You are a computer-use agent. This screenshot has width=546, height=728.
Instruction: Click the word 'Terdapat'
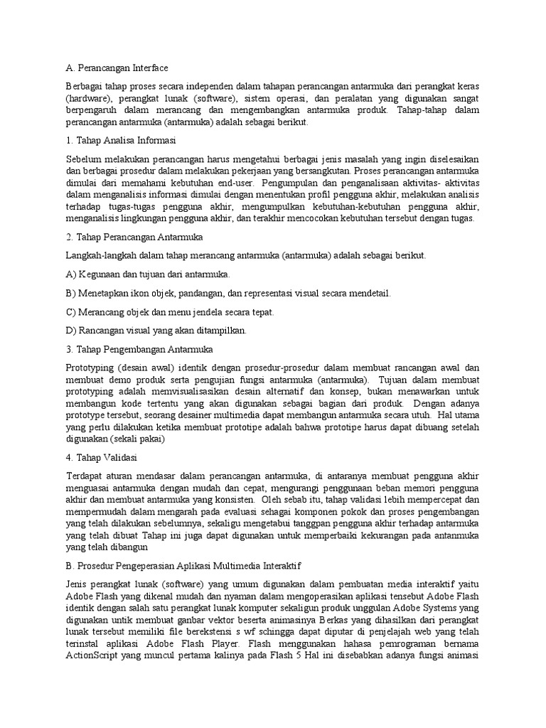pyautogui.click(x=84, y=476)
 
